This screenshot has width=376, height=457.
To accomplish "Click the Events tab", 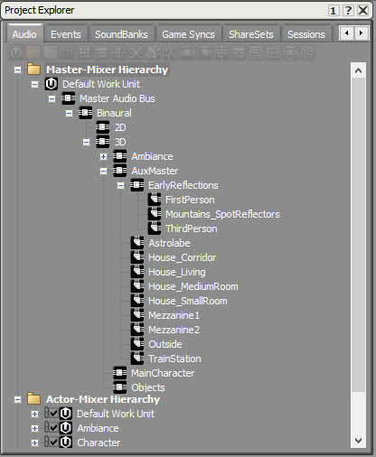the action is pos(66,34).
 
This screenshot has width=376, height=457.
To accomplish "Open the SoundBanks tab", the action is pos(121,34).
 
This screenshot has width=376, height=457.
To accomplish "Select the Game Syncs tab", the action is pos(188,34).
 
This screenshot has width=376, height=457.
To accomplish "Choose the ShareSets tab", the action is pos(251,34).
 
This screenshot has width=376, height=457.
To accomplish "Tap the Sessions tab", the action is pos(306,34).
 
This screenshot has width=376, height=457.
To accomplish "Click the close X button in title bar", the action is pos(363,11).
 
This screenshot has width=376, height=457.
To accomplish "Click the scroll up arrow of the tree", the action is pos(358,70).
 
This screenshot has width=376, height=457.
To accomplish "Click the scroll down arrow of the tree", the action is pos(358,441).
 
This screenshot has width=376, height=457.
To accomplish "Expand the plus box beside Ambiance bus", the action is pos(103,156).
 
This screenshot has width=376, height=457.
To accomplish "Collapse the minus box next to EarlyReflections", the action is pos(120,185).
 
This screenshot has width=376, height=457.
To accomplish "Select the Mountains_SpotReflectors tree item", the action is pos(222,214).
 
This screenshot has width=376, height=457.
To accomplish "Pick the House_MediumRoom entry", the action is pos(193,286).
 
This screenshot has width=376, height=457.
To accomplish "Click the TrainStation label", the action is pos(174,359).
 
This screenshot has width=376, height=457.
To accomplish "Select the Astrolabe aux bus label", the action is pos(169,243).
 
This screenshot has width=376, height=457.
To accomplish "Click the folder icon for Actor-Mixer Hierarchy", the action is pos(33,398).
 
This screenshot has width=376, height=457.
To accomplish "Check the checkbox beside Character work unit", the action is pos(54,443).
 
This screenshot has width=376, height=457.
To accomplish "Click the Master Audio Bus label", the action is pos(117,98).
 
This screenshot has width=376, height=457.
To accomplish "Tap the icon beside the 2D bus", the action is pos(103,127).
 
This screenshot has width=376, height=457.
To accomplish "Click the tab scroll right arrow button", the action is pos(362,33).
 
